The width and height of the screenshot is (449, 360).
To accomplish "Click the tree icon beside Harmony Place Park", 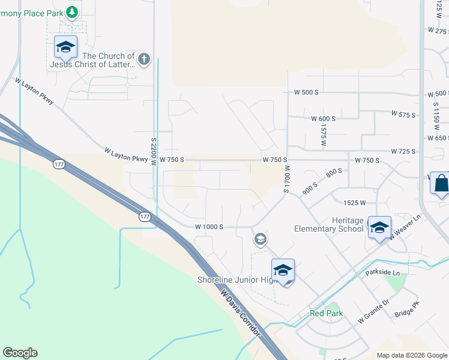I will [x=72, y=11].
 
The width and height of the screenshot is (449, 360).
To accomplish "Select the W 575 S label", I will [x=403, y=113].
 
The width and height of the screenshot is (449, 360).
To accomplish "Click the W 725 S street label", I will [x=403, y=151].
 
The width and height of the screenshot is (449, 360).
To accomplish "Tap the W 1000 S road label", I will [x=209, y=227].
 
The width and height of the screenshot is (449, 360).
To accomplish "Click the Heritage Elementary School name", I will [x=329, y=224].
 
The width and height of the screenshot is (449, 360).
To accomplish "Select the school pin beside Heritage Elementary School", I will [x=379, y=227].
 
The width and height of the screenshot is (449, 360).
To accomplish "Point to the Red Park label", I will [x=326, y=313].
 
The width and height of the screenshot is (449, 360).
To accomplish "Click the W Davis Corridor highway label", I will [x=243, y=314].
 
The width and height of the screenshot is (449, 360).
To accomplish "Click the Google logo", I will [x=20, y=353].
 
